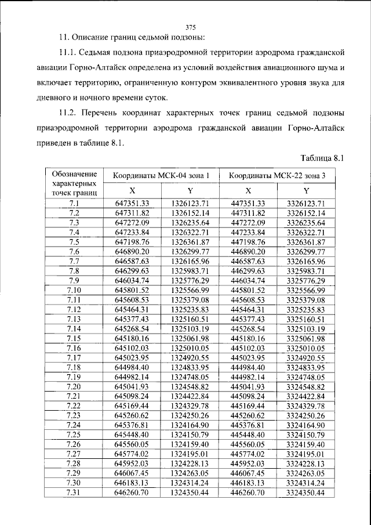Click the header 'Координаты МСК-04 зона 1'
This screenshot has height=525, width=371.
click(161, 175)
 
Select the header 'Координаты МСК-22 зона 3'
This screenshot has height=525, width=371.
click(277, 175)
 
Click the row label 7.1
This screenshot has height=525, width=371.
click(74, 202)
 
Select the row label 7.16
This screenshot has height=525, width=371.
click(74, 347)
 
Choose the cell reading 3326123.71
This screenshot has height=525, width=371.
click(306, 202)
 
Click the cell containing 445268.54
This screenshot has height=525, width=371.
click(248, 328)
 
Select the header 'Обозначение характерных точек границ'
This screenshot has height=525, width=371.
click(74, 182)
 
